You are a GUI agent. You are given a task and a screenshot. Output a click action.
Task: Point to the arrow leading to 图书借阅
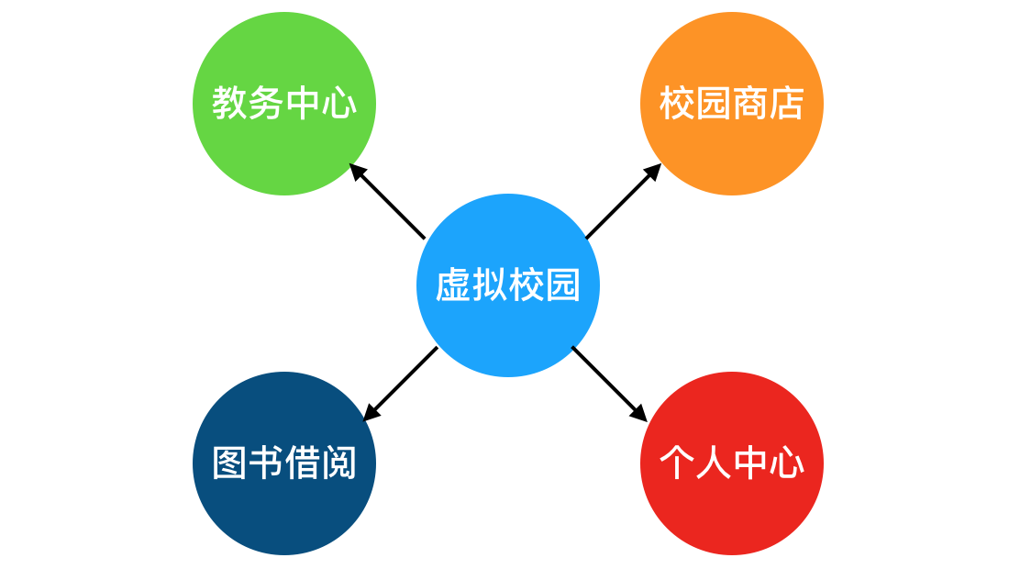(x=402, y=383)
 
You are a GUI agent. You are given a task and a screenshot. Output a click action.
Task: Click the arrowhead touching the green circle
(x=357, y=171)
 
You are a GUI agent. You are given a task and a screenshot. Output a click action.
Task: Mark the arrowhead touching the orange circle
(x=654, y=171)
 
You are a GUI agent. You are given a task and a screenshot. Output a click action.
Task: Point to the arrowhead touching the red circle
(x=640, y=415)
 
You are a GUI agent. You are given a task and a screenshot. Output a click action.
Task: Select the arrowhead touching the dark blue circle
(x=370, y=415)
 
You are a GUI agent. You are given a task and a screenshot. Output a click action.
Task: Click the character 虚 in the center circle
(x=452, y=285)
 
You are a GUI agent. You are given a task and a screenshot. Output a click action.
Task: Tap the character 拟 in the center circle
(x=489, y=285)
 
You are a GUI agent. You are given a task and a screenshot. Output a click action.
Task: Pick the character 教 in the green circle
(x=229, y=103)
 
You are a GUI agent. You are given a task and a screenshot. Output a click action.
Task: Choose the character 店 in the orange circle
(x=786, y=103)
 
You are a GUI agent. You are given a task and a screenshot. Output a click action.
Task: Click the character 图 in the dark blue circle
(x=229, y=463)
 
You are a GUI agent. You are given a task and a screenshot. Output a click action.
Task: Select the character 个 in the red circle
(x=677, y=463)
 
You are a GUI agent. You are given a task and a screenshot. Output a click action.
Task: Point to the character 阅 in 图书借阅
(x=338, y=463)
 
